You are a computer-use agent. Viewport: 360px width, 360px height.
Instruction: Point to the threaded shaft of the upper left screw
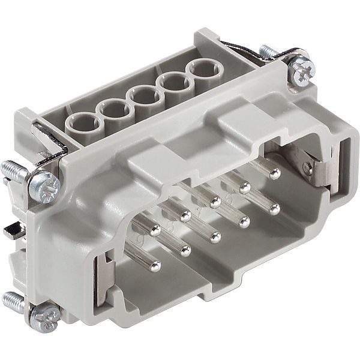tap(17, 173)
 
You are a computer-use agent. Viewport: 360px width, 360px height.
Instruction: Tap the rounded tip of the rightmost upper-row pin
tap(275, 175)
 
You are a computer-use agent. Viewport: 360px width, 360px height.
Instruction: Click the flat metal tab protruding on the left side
tap(11, 231)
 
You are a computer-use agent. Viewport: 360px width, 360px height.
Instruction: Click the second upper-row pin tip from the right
tap(245, 188)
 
